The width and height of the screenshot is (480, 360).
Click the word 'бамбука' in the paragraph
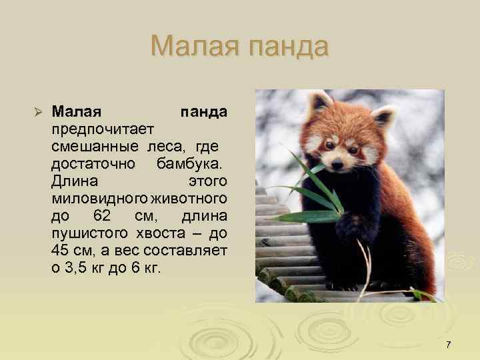(191, 163)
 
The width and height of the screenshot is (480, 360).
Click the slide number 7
(448, 345)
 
